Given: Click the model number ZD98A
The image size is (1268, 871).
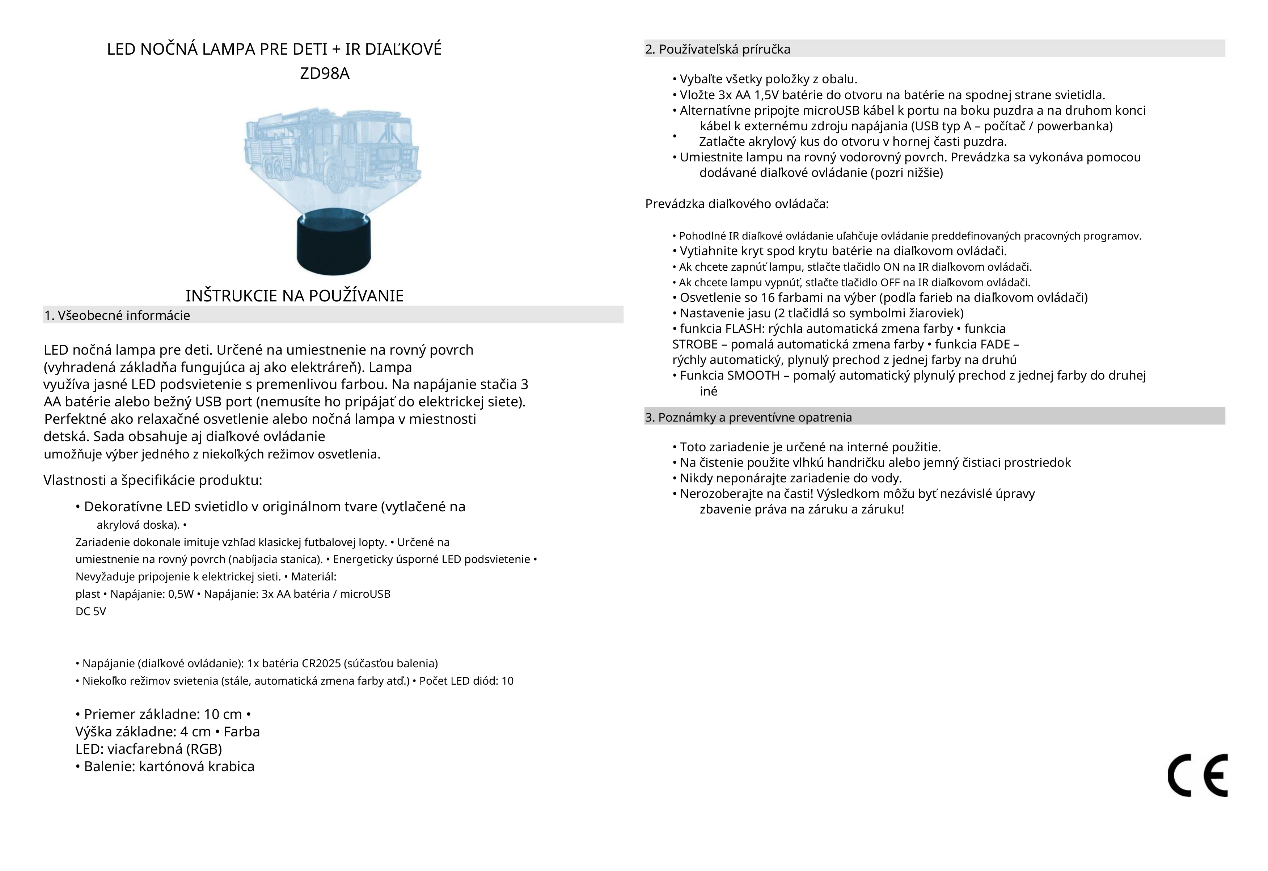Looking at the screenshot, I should [x=325, y=74].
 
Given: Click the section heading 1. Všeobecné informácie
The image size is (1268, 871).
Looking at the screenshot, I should [x=117, y=316].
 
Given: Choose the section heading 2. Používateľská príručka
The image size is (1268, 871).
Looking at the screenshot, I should [x=718, y=50].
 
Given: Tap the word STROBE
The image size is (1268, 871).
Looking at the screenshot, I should [x=694, y=345].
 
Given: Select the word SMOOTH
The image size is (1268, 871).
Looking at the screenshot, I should [x=753, y=376].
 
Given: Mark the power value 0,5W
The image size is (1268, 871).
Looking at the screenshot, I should [x=181, y=594].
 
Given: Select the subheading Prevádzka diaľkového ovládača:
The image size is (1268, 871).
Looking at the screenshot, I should [x=736, y=204].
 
